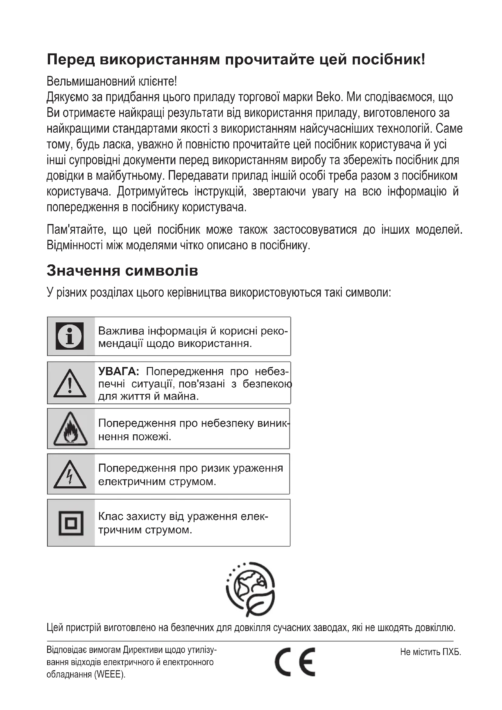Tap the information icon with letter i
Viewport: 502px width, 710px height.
tap(70, 336)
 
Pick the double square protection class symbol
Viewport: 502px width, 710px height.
tap(71, 523)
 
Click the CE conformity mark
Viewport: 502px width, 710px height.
tap(295, 662)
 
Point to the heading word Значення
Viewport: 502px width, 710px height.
tap(83, 270)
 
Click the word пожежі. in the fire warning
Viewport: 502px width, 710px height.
tap(152, 437)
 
